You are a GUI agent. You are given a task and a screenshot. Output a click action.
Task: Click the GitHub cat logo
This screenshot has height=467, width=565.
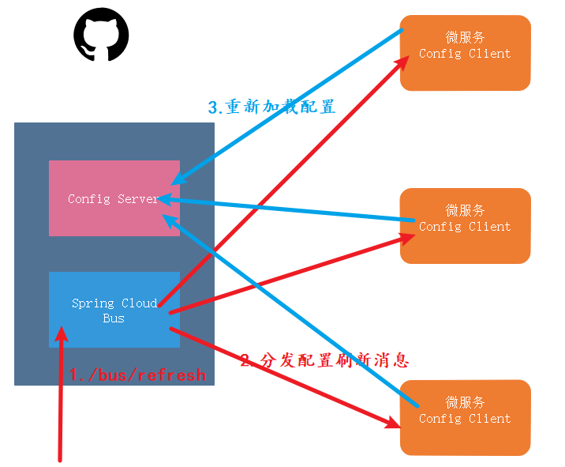click(x=101, y=36)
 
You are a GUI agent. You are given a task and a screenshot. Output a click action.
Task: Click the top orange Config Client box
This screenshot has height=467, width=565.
click(x=465, y=52)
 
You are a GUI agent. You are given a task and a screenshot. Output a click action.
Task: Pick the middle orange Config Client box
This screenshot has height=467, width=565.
click(x=465, y=225)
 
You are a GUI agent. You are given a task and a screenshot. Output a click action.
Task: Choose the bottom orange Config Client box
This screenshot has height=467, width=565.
click(x=465, y=417)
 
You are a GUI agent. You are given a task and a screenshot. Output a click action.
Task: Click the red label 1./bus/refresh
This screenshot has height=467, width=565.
click(x=137, y=375)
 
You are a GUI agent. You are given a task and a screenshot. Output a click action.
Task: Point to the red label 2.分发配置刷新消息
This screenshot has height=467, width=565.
click(x=324, y=360)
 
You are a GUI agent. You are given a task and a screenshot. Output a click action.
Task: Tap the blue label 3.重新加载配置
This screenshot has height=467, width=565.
click(x=272, y=107)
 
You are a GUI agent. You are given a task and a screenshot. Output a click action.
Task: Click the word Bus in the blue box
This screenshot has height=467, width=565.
click(x=114, y=318)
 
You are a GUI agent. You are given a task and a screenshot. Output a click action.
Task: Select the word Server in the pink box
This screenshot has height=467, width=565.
click(x=139, y=198)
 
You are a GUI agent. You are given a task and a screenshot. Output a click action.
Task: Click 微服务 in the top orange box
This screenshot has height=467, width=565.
click(x=465, y=37)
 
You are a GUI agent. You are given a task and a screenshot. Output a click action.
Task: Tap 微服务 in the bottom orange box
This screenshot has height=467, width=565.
click(x=465, y=402)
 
